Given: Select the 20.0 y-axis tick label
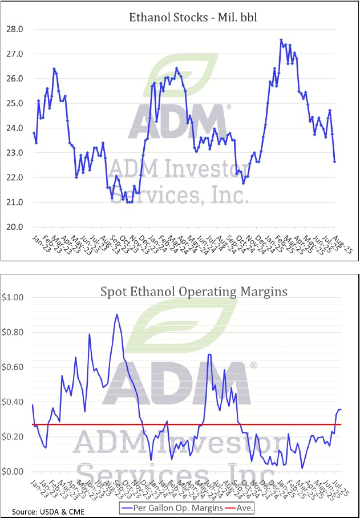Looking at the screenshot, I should tap(14, 227).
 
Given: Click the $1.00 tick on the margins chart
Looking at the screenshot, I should tap(14, 297).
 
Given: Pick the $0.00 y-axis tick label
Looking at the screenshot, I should tap(14, 472).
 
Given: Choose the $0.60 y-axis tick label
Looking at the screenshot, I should tap(14, 367).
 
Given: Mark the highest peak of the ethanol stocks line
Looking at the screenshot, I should tap(281, 39).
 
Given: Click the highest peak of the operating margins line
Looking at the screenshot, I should tap(117, 314).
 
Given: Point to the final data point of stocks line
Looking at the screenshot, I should tap(334, 161).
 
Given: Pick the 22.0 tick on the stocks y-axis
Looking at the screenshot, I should tap(14, 177).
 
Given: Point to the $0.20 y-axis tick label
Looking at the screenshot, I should tap(14, 437).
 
